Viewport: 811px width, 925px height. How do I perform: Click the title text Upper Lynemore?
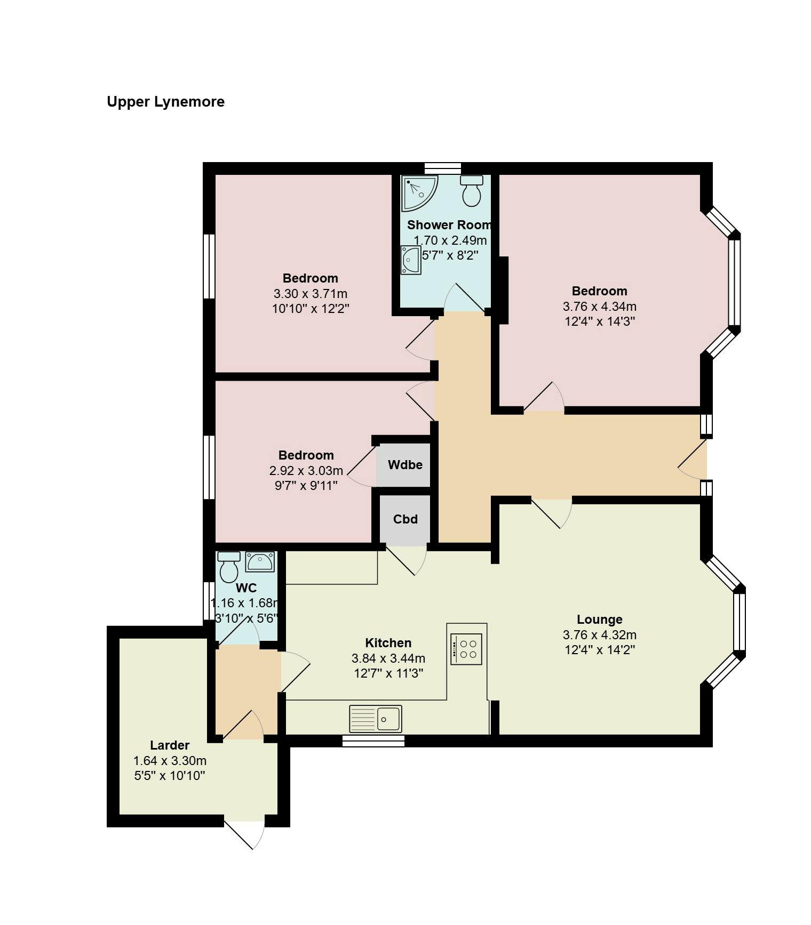tap(165, 102)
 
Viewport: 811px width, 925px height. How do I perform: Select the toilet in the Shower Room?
tap(472, 191)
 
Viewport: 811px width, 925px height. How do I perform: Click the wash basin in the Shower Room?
tap(410, 260)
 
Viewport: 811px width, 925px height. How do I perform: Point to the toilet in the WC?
tap(229, 567)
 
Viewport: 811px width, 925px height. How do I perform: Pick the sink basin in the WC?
tap(260, 562)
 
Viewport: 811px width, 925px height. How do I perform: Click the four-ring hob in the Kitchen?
tap(466, 649)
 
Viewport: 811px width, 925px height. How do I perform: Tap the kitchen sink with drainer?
tap(376, 719)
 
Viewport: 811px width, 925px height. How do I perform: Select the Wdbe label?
tap(405, 465)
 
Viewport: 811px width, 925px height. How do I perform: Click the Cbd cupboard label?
tap(405, 519)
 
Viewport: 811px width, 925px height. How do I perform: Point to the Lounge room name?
tap(600, 620)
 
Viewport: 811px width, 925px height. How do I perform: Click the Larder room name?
tap(170, 745)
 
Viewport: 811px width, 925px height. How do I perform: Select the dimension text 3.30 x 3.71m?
tap(311, 294)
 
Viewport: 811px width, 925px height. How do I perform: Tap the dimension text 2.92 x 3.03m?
tap(306, 471)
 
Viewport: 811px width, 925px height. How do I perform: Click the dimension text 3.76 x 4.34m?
tap(600, 307)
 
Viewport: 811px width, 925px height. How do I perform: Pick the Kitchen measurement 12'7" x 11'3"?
tap(388, 673)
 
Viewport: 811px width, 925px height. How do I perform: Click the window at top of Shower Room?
tap(443, 168)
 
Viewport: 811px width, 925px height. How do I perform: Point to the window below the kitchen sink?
tap(373, 741)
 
